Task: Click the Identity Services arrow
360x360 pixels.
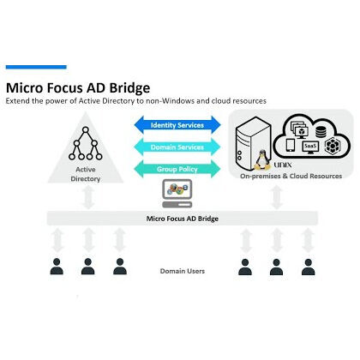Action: click(177, 125)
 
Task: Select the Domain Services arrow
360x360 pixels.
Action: click(177, 146)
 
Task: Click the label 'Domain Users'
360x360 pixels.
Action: click(182, 271)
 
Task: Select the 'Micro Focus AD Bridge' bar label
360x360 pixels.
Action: click(180, 219)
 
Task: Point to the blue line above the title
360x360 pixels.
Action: click(36, 67)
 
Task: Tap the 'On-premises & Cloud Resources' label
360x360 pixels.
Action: click(290, 176)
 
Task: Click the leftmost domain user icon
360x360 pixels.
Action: click(57, 266)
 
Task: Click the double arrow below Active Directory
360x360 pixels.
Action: click(87, 199)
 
